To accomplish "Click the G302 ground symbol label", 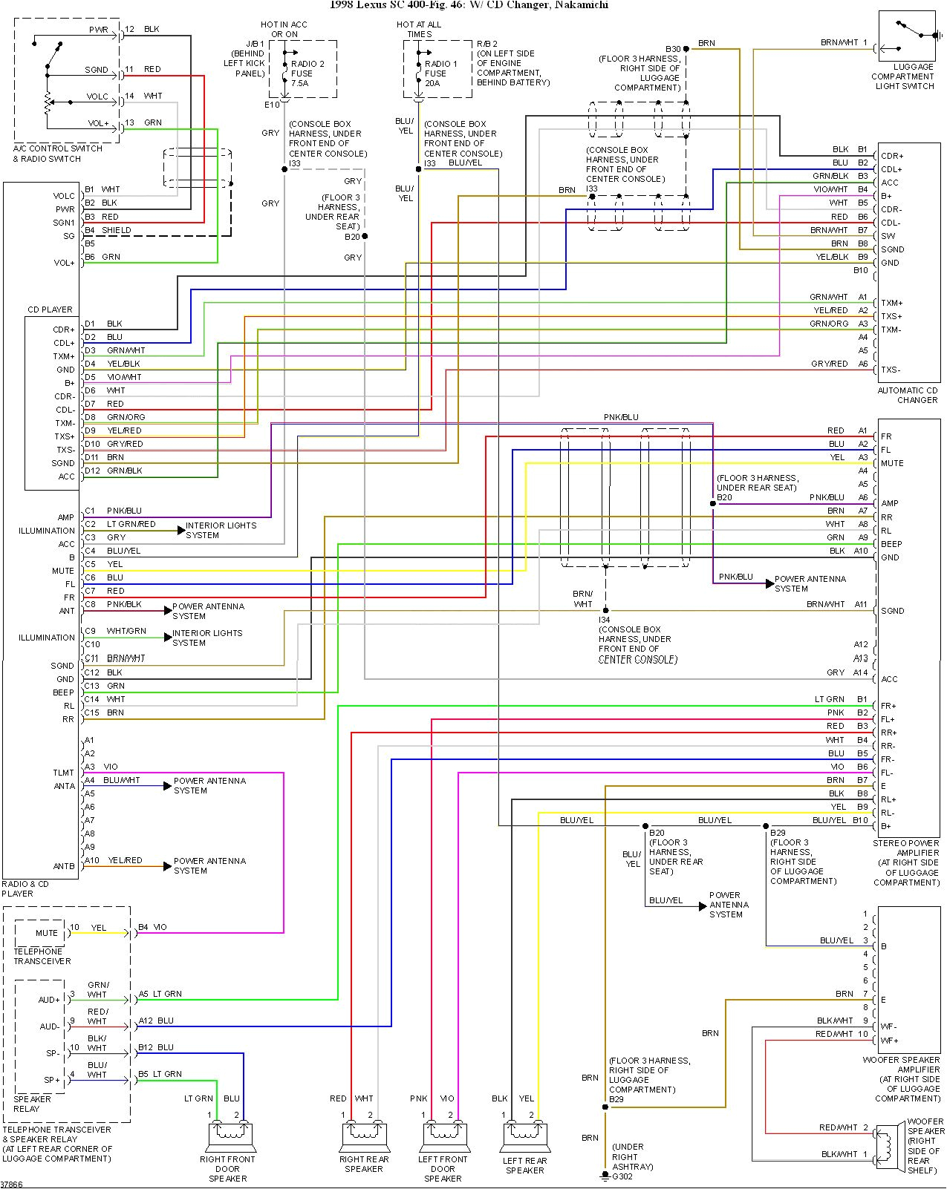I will [622, 1176].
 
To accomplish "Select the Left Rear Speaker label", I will [524, 1165].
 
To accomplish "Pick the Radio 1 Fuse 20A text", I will [440, 73].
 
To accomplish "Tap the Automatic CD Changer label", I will [908, 395].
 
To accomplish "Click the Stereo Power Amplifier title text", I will [906, 843].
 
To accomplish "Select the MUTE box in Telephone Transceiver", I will [46, 933].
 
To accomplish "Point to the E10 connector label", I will [272, 105].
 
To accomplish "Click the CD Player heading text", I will [51, 309].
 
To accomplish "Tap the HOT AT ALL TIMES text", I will [418, 29].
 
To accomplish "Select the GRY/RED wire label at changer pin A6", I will [829, 364].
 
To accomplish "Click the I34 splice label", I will [605, 620].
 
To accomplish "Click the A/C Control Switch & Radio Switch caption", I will [57, 154].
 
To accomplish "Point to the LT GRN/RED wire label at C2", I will [131, 524].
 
